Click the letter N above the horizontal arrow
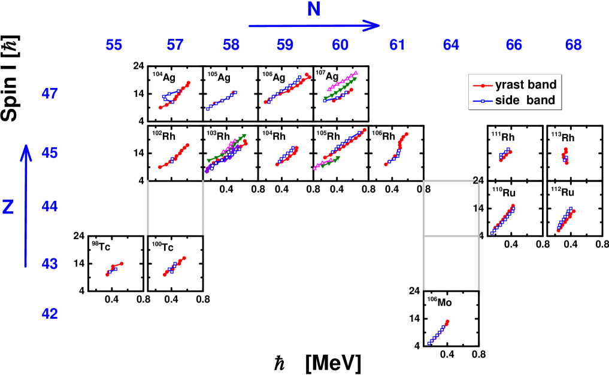coord(314,10)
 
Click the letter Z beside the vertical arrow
coord(8,207)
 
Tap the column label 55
coord(114,45)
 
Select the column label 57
coord(175,45)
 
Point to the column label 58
coord(231,45)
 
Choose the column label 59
coord(285,45)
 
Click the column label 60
coord(340,45)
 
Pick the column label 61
coord(396,45)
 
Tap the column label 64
coord(452,45)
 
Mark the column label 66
coord(513,45)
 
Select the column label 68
coord(573,45)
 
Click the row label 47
coord(50,94)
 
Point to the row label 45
coord(50,153)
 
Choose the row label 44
coord(50,206)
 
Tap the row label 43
coord(50,263)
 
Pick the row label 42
coord(50,313)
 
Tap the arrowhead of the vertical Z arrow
coord(26,152)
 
